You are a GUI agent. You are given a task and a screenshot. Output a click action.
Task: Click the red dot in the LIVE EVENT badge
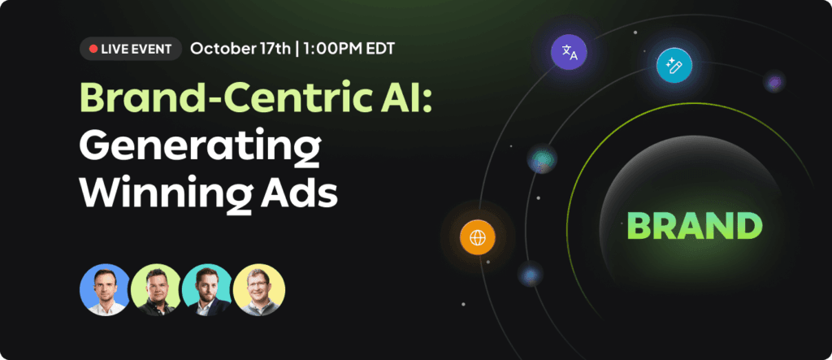coord(93,49)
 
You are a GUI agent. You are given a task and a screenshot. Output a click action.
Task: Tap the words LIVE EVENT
coord(136,49)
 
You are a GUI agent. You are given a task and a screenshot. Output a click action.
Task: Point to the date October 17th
coord(240,49)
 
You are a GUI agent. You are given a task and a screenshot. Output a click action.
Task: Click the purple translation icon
coord(570,53)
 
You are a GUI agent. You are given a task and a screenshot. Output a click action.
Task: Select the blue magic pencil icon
coord(674,65)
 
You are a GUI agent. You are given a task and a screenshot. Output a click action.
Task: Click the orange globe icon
coord(478,238)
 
